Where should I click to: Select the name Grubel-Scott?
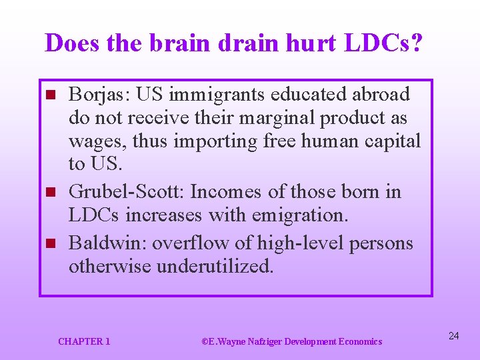126,192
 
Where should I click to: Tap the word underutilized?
214,267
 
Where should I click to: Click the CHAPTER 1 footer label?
84,341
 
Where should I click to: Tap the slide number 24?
453,335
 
